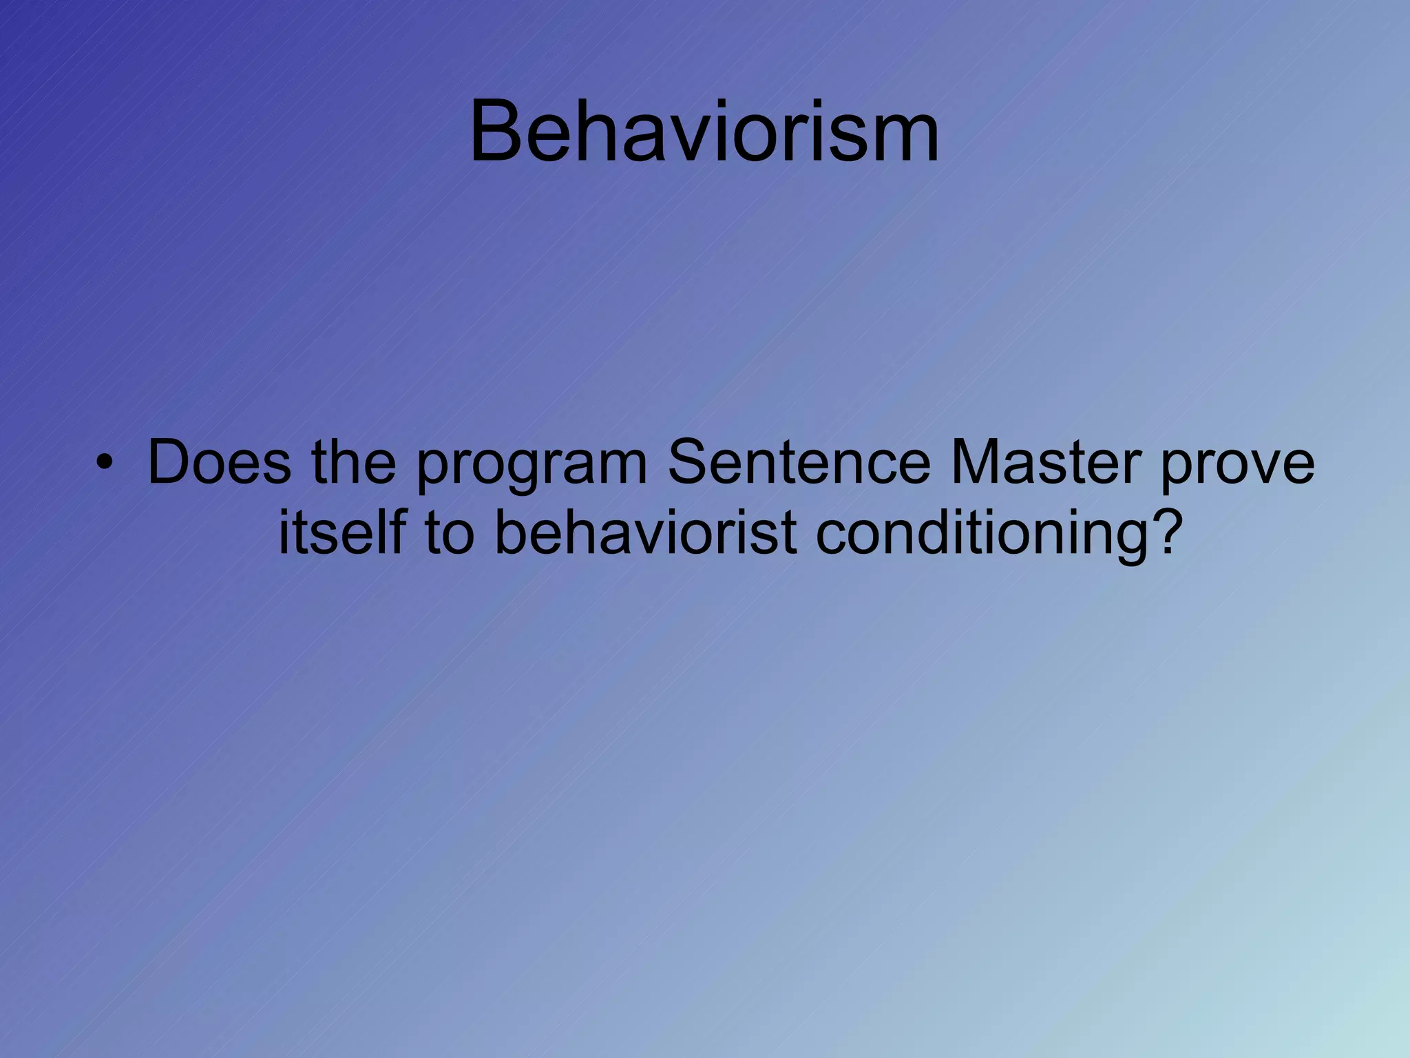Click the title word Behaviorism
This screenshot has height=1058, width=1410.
point(704,131)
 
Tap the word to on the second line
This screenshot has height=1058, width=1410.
point(450,533)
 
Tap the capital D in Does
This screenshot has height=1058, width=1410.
point(169,461)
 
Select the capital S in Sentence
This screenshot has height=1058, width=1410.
point(689,461)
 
